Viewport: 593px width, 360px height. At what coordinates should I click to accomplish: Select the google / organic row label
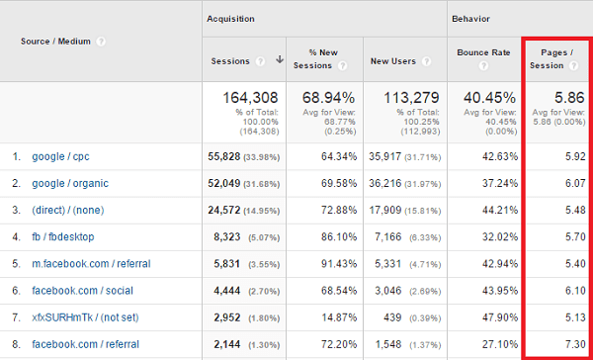70,183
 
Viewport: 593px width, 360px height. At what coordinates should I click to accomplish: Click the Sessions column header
230,60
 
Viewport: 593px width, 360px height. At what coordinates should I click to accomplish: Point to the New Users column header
391,60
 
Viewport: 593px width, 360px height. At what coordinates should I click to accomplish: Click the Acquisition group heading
229,19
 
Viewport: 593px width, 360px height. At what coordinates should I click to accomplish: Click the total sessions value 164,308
245,98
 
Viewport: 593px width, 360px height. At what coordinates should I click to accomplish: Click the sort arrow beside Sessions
280,60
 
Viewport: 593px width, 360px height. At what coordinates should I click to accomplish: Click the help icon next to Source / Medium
102,42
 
